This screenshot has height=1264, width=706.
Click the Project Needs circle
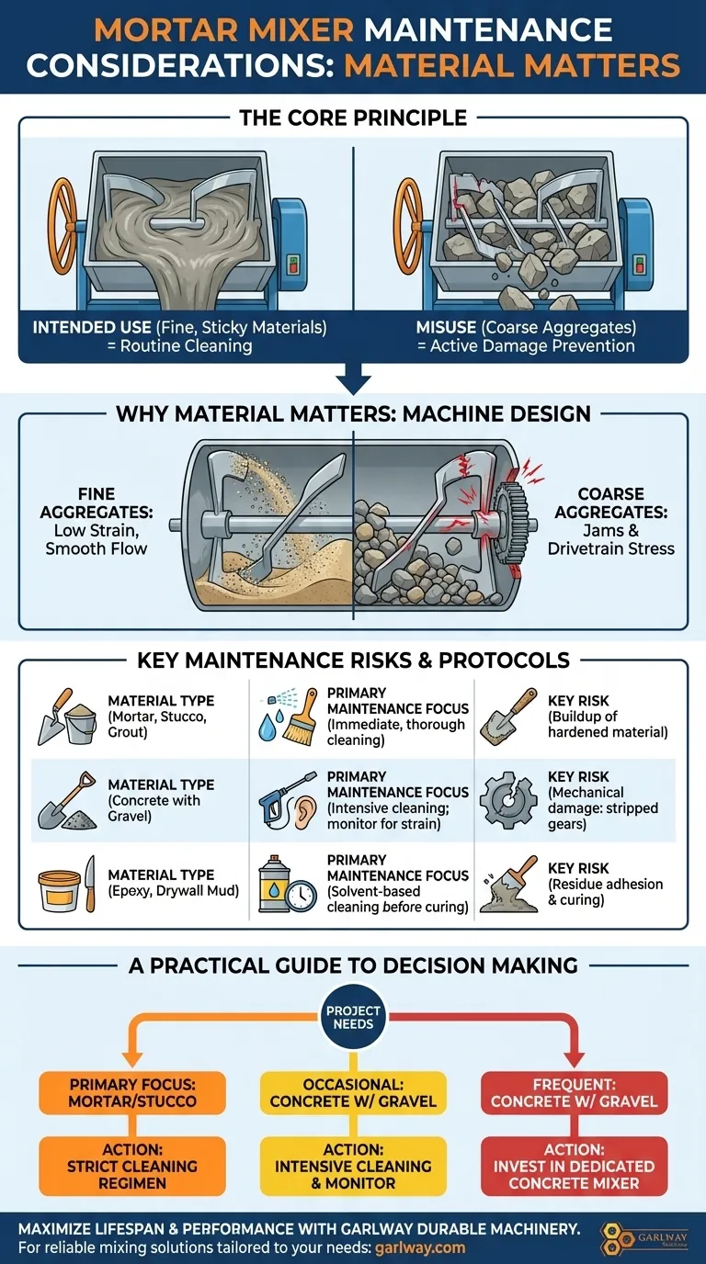pyautogui.click(x=353, y=1018)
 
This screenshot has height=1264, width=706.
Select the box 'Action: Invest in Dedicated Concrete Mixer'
pyautogui.click(x=574, y=1166)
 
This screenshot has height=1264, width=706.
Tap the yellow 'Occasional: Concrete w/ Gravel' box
pyautogui.click(x=353, y=1093)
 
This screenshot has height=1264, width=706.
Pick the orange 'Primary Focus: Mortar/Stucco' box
pyautogui.click(x=132, y=1093)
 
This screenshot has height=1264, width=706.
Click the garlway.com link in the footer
pyautogui.click(x=419, y=1247)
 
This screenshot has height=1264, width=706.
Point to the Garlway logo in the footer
pyautogui.click(x=643, y=1238)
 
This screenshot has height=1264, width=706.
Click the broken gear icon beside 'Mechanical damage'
pyautogui.click(x=507, y=799)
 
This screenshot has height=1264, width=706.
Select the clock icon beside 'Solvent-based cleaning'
pyautogui.click(x=301, y=896)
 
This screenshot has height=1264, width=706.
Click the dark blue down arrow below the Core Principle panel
pyautogui.click(x=353, y=379)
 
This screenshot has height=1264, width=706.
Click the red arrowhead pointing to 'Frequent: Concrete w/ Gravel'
pyautogui.click(x=574, y=1058)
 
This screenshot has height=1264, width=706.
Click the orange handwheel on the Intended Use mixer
pyautogui.click(x=63, y=226)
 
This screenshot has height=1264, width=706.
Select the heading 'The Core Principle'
pyautogui.click(x=353, y=118)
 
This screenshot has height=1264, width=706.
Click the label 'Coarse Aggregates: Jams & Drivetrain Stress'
pyautogui.click(x=610, y=521)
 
